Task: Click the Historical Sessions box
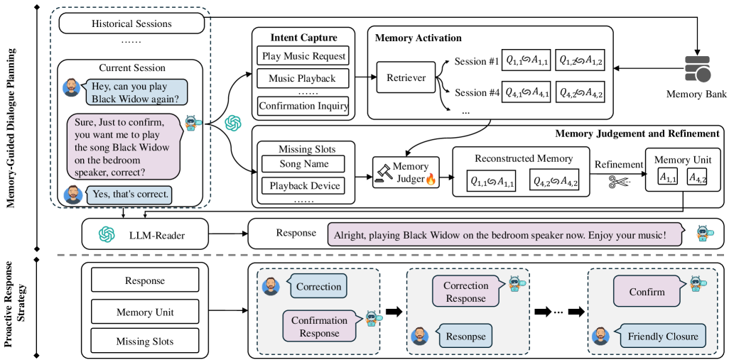pyautogui.click(x=131, y=23)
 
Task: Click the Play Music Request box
pyautogui.click(x=303, y=55)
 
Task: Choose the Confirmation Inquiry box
pyautogui.click(x=303, y=107)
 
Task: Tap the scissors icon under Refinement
pyautogui.click(x=617, y=183)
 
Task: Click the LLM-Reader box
pyautogui.click(x=146, y=234)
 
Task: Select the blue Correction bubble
pyautogui.click(x=318, y=286)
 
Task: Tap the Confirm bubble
pyautogui.click(x=647, y=291)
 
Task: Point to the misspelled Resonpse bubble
pyautogui.click(x=466, y=337)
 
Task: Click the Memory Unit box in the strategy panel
pyautogui.click(x=145, y=312)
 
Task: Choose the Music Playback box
pyautogui.click(x=303, y=78)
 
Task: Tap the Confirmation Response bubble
pyautogui.click(x=319, y=327)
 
